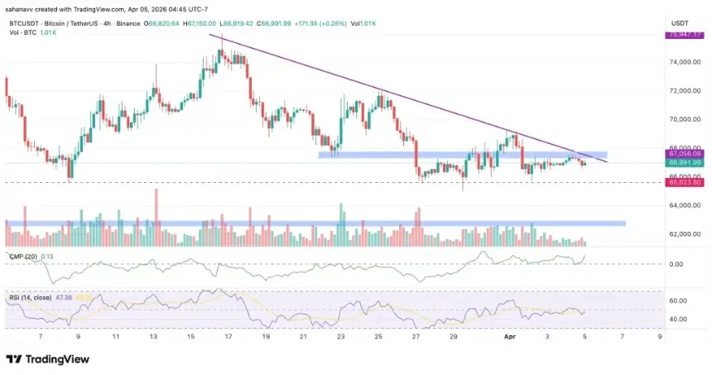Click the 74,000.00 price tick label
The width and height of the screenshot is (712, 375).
pyautogui.click(x=686, y=62)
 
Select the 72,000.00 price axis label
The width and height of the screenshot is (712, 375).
pyautogui.click(x=686, y=91)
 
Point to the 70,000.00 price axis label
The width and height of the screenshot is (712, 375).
pyautogui.click(x=686, y=120)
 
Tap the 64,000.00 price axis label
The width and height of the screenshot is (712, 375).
pyautogui.click(x=686, y=205)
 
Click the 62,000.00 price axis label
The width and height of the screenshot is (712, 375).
pyautogui.click(x=686, y=234)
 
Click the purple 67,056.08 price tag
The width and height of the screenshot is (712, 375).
pyautogui.click(x=686, y=154)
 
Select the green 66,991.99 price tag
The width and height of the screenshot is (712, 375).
pyautogui.click(x=686, y=162)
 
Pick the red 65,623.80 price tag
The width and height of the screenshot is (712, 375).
pyautogui.click(x=686, y=182)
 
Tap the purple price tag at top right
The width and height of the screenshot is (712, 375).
pyautogui.click(x=686, y=35)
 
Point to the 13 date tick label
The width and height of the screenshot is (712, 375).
pyautogui.click(x=153, y=338)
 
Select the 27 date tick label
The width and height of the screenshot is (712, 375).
pyautogui.click(x=416, y=338)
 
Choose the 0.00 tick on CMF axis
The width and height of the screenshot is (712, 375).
pyautogui.click(x=676, y=265)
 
